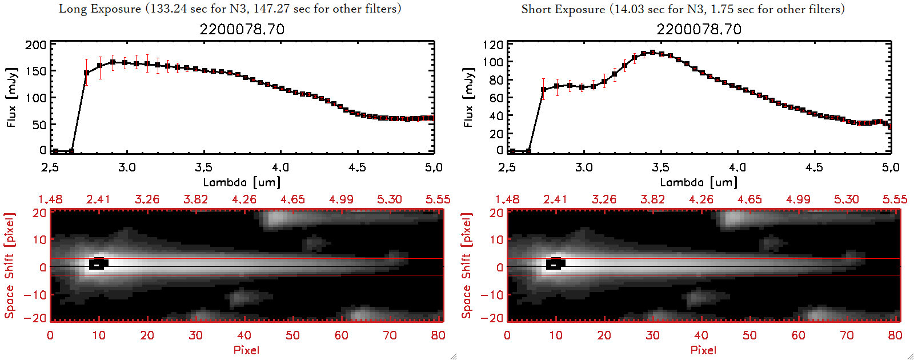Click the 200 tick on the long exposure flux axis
pyautogui.click(x=35, y=45)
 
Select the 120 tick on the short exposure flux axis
pyautogui.click(x=492, y=45)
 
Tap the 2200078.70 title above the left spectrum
pyautogui.click(x=242, y=29)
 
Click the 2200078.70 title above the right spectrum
pyautogui.click(x=699, y=29)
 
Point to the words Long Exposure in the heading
pyautogui.click(x=100, y=9)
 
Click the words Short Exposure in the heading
pyautogui.click(x=563, y=9)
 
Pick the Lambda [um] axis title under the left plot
pyautogui.click(x=242, y=182)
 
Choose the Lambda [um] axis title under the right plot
pyautogui.click(x=699, y=182)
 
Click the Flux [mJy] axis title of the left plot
pyautogui.click(x=12, y=97)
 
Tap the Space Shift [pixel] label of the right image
pyautogui.click(x=467, y=266)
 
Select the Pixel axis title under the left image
pyautogui.click(x=246, y=350)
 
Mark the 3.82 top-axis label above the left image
pyautogui.click(x=195, y=199)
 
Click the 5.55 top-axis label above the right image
pyautogui.click(x=895, y=199)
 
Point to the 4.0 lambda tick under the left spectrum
pyautogui.click(x=280, y=167)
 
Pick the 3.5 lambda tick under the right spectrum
pyautogui.click(x=660, y=167)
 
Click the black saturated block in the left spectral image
pyautogui.click(x=98, y=264)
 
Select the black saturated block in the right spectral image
pyautogui.click(x=555, y=264)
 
